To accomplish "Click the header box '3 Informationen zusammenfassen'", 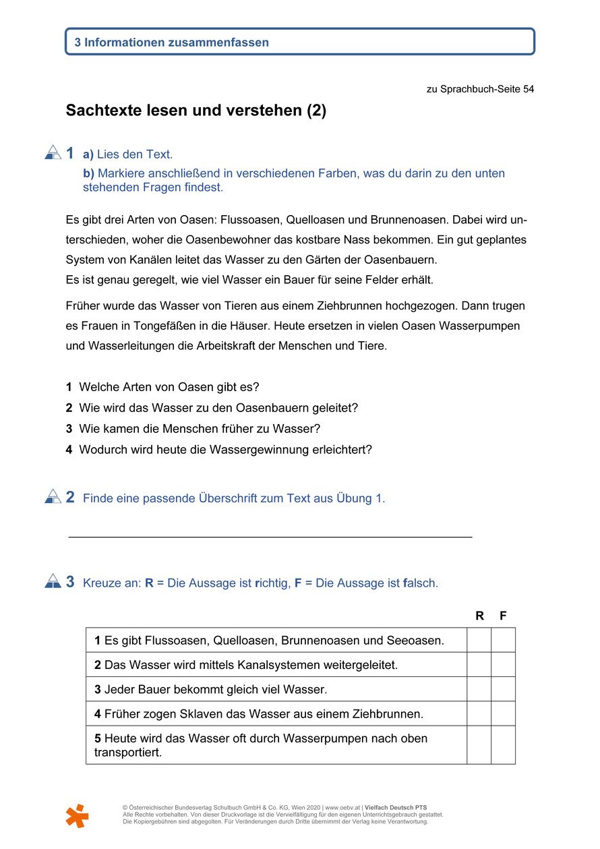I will [x=299, y=42].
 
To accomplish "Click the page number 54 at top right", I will [x=528, y=89].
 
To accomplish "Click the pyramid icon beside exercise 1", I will [x=53, y=153].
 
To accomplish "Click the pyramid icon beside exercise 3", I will [x=53, y=581].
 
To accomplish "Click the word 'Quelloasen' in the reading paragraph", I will [x=317, y=220].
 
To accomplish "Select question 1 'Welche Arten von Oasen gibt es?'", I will [x=169, y=387].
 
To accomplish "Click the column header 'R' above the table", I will [x=479, y=616].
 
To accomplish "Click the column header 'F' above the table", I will [x=503, y=616].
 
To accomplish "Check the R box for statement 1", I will [x=479, y=640].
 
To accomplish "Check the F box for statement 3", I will [x=503, y=689].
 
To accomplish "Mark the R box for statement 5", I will [x=479, y=744].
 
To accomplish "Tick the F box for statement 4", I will [x=503, y=713].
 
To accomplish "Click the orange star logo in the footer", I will [x=77, y=816].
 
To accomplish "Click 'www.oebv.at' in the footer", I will [x=342, y=807].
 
